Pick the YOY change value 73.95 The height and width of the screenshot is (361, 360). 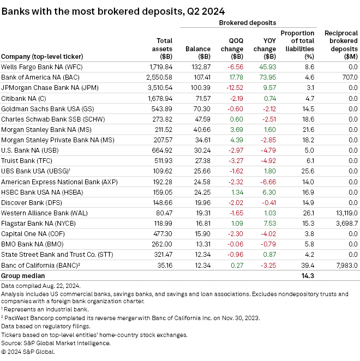click(266, 77)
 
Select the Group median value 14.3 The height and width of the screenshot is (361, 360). click(306, 275)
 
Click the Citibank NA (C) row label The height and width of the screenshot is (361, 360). click(26, 98)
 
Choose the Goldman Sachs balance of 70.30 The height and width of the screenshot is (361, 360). click(202, 109)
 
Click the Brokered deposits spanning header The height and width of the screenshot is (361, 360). click(248, 23)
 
